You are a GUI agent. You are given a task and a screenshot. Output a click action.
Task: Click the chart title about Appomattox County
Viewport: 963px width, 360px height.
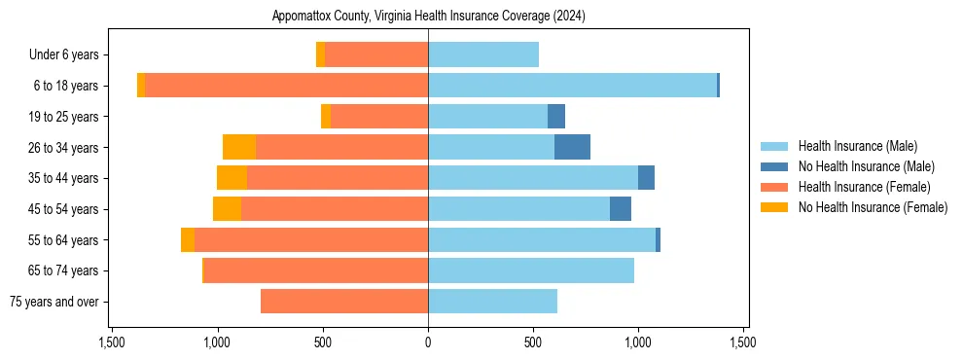428,16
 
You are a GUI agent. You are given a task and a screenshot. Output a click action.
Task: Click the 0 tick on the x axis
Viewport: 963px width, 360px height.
428,343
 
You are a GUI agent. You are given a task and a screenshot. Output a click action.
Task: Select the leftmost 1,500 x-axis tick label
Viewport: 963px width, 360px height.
112,343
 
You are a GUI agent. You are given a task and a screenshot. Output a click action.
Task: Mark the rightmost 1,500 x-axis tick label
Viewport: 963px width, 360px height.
743,343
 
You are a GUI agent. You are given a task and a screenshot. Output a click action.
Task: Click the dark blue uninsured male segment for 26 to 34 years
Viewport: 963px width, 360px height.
572,147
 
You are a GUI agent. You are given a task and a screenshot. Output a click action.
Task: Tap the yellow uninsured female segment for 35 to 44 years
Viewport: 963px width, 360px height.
232,178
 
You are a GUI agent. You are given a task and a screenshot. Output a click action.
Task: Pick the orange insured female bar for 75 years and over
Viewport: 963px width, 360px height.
344,302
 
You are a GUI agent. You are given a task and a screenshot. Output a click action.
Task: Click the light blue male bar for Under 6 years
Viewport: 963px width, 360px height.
483,55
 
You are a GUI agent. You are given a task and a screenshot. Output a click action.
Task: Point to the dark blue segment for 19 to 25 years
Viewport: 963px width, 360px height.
556,117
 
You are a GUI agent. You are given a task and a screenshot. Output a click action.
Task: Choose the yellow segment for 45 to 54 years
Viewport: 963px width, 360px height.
227,209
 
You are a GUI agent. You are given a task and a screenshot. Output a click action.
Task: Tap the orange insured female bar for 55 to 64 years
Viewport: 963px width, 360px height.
311,240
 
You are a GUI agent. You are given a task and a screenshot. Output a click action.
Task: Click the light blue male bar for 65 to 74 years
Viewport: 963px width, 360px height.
531,270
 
